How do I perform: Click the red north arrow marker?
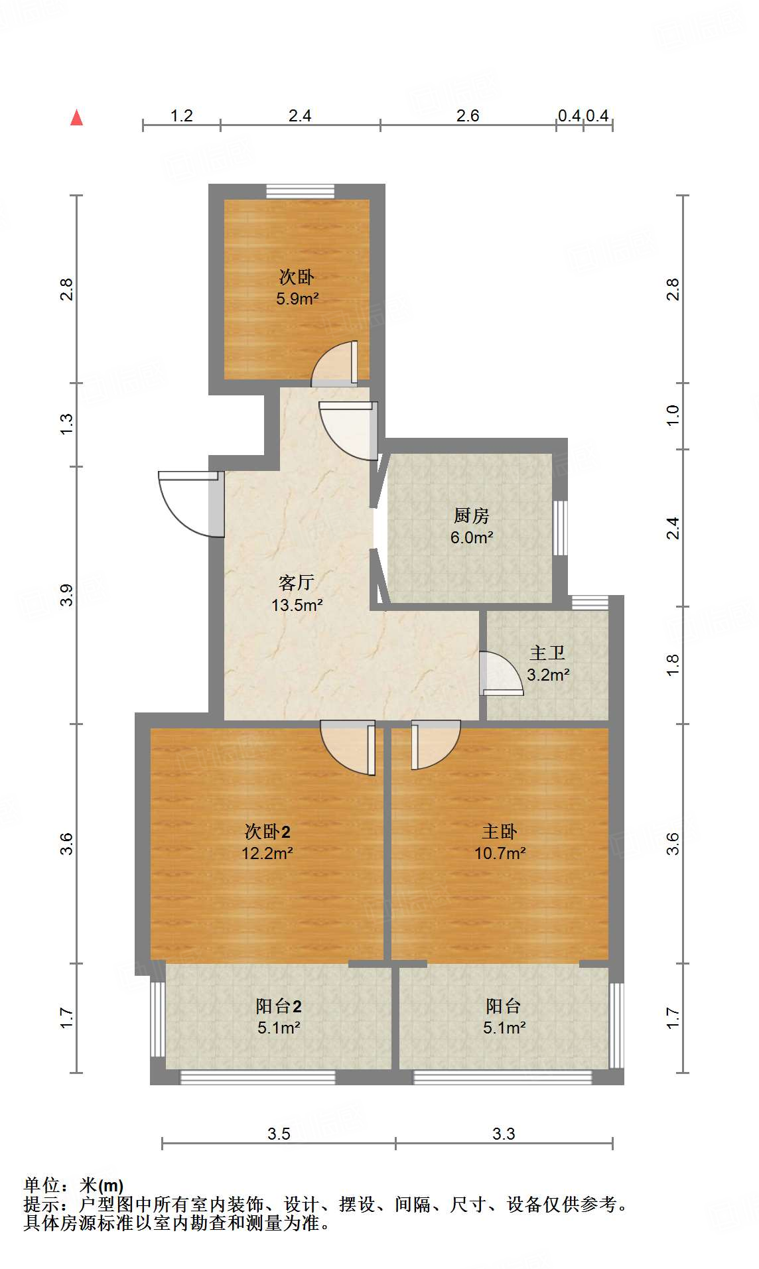pyautogui.click(x=77, y=118)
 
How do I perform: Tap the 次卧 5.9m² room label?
pyautogui.click(x=297, y=287)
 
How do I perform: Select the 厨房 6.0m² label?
pyautogui.click(x=471, y=526)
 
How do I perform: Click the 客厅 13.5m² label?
pyautogui.click(x=297, y=594)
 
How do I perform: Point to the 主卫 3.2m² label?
pyautogui.click(x=547, y=663)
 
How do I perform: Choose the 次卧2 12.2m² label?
pyautogui.click(x=267, y=842)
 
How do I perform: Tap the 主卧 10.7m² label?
pyautogui.click(x=500, y=842)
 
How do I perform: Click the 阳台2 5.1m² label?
pyautogui.click(x=279, y=1016)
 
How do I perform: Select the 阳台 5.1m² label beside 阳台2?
pyautogui.click(x=504, y=1016)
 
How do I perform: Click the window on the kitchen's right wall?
pyautogui.click(x=560, y=527)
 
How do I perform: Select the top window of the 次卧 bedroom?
pyautogui.click(x=300, y=191)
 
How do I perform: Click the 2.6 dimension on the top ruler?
pyautogui.click(x=467, y=115)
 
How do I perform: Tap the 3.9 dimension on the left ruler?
pyautogui.click(x=66, y=595)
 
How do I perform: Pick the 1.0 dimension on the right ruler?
pyautogui.click(x=673, y=415)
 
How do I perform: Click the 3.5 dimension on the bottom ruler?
pyautogui.click(x=279, y=1134)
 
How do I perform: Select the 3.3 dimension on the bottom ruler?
pyautogui.click(x=504, y=1134)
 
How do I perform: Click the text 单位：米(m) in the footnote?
pyautogui.click(x=74, y=1185)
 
